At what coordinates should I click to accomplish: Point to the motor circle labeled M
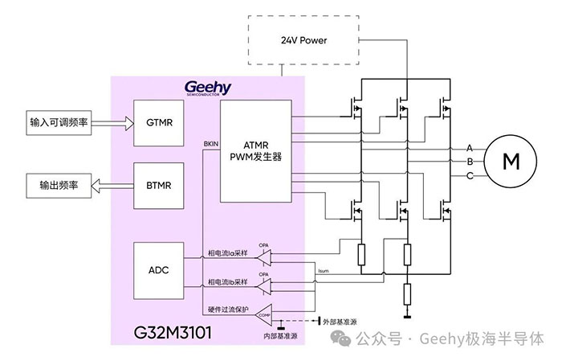(511, 160)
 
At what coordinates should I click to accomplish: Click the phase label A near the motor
(470, 147)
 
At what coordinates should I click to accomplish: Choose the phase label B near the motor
(470, 161)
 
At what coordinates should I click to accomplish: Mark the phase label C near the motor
(470, 174)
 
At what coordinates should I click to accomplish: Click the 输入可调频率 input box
(59, 123)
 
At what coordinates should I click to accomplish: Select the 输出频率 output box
(59, 184)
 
